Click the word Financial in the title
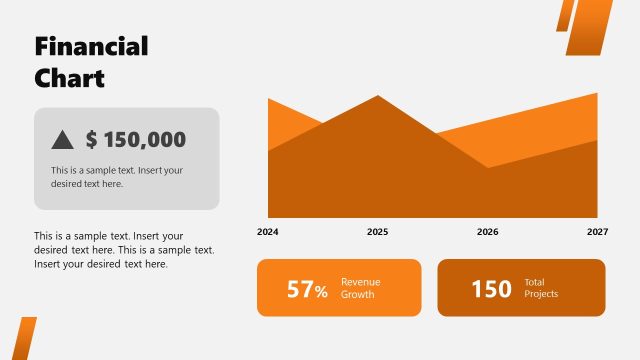pyautogui.click(x=91, y=47)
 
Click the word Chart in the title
pyautogui.click(x=69, y=78)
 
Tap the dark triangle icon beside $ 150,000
pyautogui.click(x=62, y=140)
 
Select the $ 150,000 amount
pyautogui.click(x=135, y=140)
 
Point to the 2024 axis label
pyautogui.click(x=268, y=232)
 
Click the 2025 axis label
pyautogui.click(x=377, y=232)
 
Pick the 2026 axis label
pyautogui.click(x=487, y=232)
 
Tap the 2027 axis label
pyautogui.click(x=597, y=232)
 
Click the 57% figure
pyautogui.click(x=307, y=290)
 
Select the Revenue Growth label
pyautogui.click(x=359, y=288)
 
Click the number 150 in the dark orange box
pyautogui.click(x=491, y=289)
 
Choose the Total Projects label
pyautogui.click(x=541, y=288)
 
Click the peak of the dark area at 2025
pyautogui.click(x=378, y=97)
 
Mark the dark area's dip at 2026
pyautogui.click(x=488, y=167)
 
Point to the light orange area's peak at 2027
pyautogui.click(x=596, y=95)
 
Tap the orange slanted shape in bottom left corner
pyautogui.click(x=24, y=339)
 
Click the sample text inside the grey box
pyautogui.click(x=117, y=177)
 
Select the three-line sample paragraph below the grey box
pyautogui.click(x=124, y=250)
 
